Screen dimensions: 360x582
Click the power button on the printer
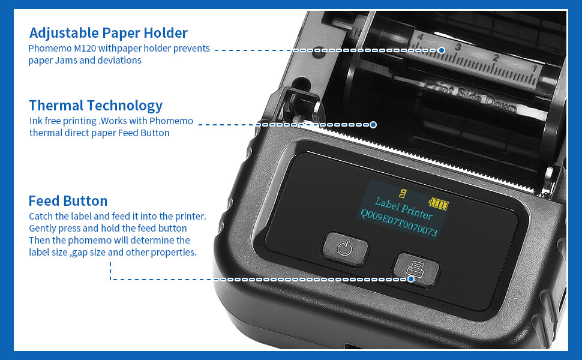coord(344,247)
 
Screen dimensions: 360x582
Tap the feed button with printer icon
coord(416,269)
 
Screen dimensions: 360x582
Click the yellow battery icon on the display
coord(439,204)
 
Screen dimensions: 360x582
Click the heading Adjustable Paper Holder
coord(108,33)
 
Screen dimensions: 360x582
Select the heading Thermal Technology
coord(95,106)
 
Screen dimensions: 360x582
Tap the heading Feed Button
coord(68,200)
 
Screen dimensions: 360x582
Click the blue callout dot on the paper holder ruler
coord(441,50)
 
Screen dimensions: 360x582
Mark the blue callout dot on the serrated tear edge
coord(373,125)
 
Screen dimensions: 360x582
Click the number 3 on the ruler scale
coord(458,46)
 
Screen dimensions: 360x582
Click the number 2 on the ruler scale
coord(496,58)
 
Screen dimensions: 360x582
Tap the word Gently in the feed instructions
coord(43,229)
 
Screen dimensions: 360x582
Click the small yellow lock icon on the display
coord(403,193)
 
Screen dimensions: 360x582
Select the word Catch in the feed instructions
coord(41,216)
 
